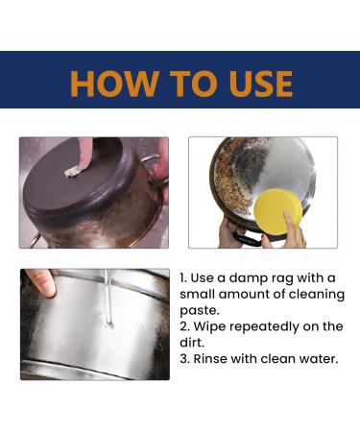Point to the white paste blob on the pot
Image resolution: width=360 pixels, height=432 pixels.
[72, 172]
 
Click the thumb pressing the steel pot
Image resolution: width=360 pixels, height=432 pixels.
[41, 282]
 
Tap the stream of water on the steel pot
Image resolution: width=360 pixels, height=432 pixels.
[108, 299]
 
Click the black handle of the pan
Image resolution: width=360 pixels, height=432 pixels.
[247, 239]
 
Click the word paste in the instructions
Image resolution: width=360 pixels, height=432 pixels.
[199, 311]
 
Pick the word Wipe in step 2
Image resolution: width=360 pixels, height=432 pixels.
[210, 326]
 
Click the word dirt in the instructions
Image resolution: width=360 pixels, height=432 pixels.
[192, 343]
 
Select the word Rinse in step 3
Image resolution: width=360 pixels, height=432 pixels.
[210, 358]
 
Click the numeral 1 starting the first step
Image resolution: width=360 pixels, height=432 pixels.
[182, 278]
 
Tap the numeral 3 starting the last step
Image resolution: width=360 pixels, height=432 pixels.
[184, 359]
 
